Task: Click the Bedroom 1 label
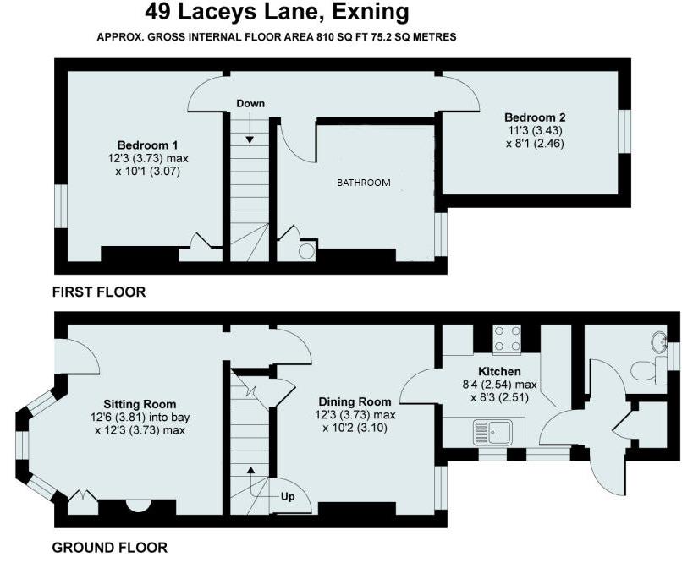point(147,145)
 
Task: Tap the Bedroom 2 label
point(535,117)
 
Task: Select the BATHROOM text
point(364,183)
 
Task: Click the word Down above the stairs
point(250,103)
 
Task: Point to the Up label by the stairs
point(288,496)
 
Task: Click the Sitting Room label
point(140,404)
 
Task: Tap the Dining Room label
point(355,401)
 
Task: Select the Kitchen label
point(499,372)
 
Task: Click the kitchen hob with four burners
point(508,338)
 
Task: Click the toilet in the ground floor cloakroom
point(647,371)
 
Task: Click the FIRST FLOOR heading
point(99,292)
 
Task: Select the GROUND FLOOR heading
point(110,547)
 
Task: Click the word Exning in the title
point(370,12)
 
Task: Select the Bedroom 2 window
point(624,131)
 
